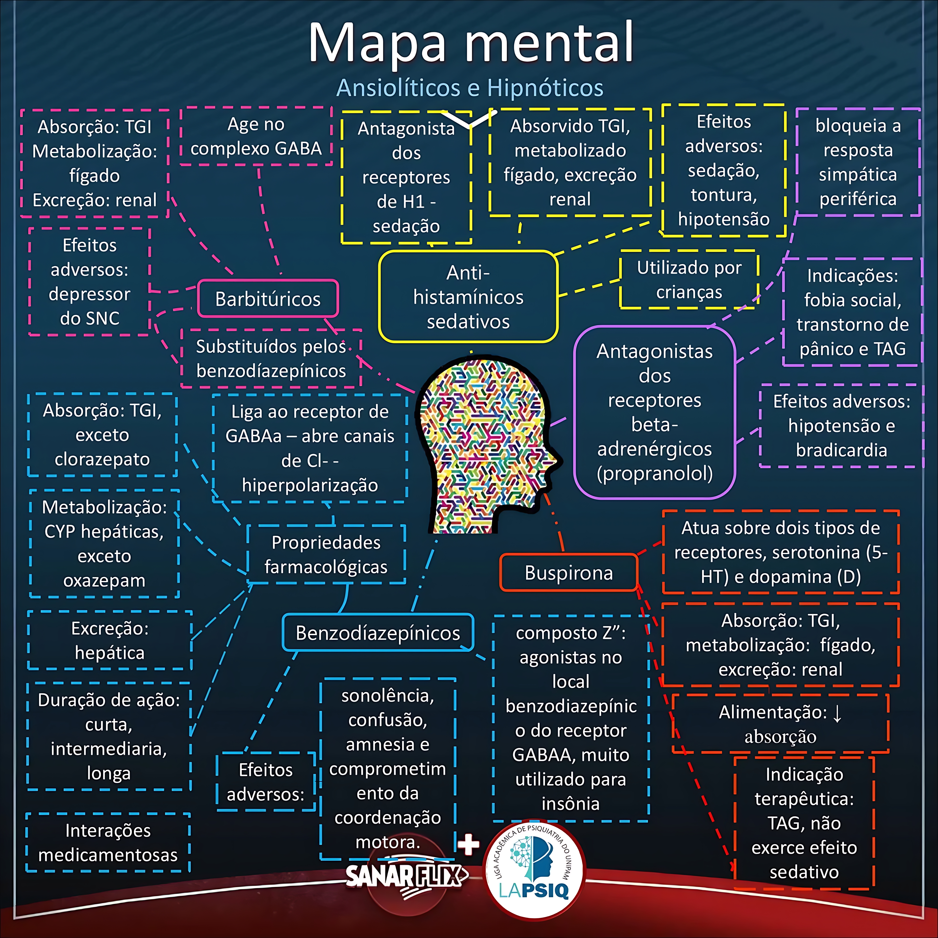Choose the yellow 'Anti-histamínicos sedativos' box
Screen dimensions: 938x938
468,297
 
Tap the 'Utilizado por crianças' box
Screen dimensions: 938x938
689,280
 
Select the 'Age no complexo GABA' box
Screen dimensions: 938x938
256,136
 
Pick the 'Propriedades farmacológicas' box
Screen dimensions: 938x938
326,554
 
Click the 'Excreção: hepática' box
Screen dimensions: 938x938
110,640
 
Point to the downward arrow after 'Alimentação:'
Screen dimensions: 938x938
837,713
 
